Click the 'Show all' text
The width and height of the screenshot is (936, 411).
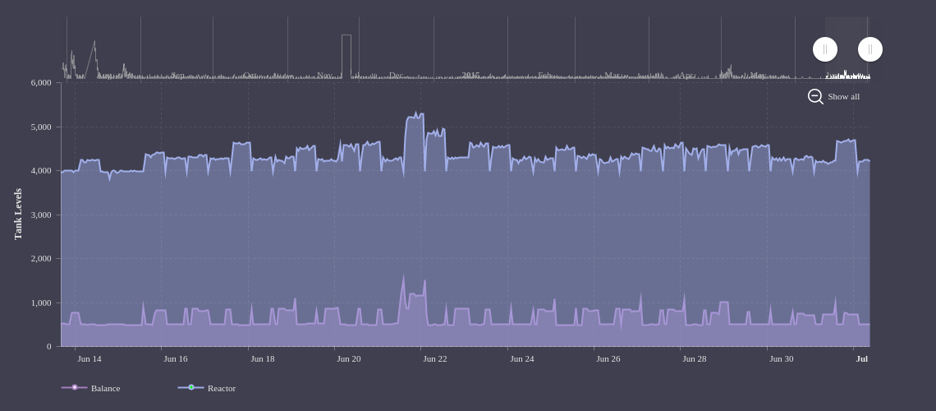pyautogui.click(x=843, y=96)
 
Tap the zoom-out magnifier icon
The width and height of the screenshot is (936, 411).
pyautogui.click(x=815, y=96)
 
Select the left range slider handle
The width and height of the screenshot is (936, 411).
pyautogui.click(x=825, y=49)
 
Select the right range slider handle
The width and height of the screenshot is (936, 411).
pyautogui.click(x=870, y=49)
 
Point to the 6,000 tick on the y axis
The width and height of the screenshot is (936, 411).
pyautogui.click(x=41, y=83)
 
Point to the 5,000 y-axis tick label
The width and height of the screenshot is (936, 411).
pyautogui.click(x=41, y=127)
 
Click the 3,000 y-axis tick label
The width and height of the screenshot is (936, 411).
pyautogui.click(x=41, y=215)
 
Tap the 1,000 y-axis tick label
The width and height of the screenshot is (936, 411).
pyautogui.click(x=41, y=302)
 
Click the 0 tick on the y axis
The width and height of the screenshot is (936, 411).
pyautogui.click(x=48, y=346)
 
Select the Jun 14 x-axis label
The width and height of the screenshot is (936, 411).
pyautogui.click(x=89, y=358)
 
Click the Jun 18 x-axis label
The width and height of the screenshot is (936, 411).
pyautogui.click(x=263, y=358)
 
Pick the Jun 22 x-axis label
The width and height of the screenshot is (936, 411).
pyautogui.click(x=435, y=358)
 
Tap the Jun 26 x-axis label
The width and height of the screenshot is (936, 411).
pyautogui.click(x=608, y=358)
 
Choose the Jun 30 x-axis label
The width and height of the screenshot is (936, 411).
pyautogui.click(x=782, y=358)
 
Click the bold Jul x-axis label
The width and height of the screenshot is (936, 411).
pyautogui.click(x=862, y=358)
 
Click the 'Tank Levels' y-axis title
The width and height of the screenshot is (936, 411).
pyautogui.click(x=18, y=214)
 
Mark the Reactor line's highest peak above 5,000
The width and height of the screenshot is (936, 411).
pyautogui.click(x=416, y=113)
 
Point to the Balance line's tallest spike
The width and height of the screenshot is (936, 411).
pyautogui.click(x=403, y=276)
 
